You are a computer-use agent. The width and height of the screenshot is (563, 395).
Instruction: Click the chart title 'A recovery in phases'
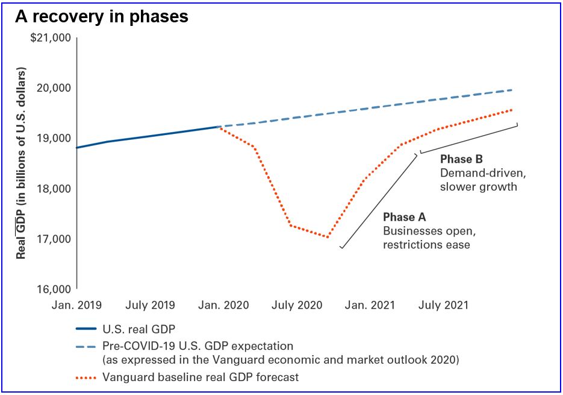point(102,16)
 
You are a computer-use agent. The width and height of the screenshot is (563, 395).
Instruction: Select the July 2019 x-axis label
point(151,305)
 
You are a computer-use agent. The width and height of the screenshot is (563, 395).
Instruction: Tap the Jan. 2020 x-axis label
point(225,305)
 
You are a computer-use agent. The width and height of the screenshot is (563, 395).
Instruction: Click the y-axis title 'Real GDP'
point(22,162)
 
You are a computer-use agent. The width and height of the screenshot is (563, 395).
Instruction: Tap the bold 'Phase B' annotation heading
point(462,160)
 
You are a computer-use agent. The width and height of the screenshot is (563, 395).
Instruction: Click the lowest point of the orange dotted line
point(328,237)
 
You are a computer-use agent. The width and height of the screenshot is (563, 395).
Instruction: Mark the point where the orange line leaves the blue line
point(218,127)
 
